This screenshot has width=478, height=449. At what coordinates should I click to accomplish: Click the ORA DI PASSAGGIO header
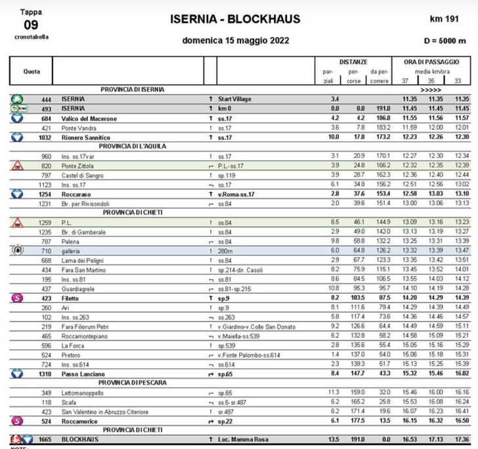point(426,60)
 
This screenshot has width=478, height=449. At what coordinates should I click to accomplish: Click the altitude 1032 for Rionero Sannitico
point(45,137)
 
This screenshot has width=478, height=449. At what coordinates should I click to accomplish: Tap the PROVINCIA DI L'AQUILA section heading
point(132,147)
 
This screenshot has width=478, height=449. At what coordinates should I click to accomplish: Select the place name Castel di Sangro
point(81,176)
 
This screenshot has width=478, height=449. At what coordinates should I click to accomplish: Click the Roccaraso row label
point(76,195)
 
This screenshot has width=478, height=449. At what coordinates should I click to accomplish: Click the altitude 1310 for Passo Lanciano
point(45,374)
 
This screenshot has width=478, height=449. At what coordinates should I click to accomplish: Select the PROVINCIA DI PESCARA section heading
point(132,383)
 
